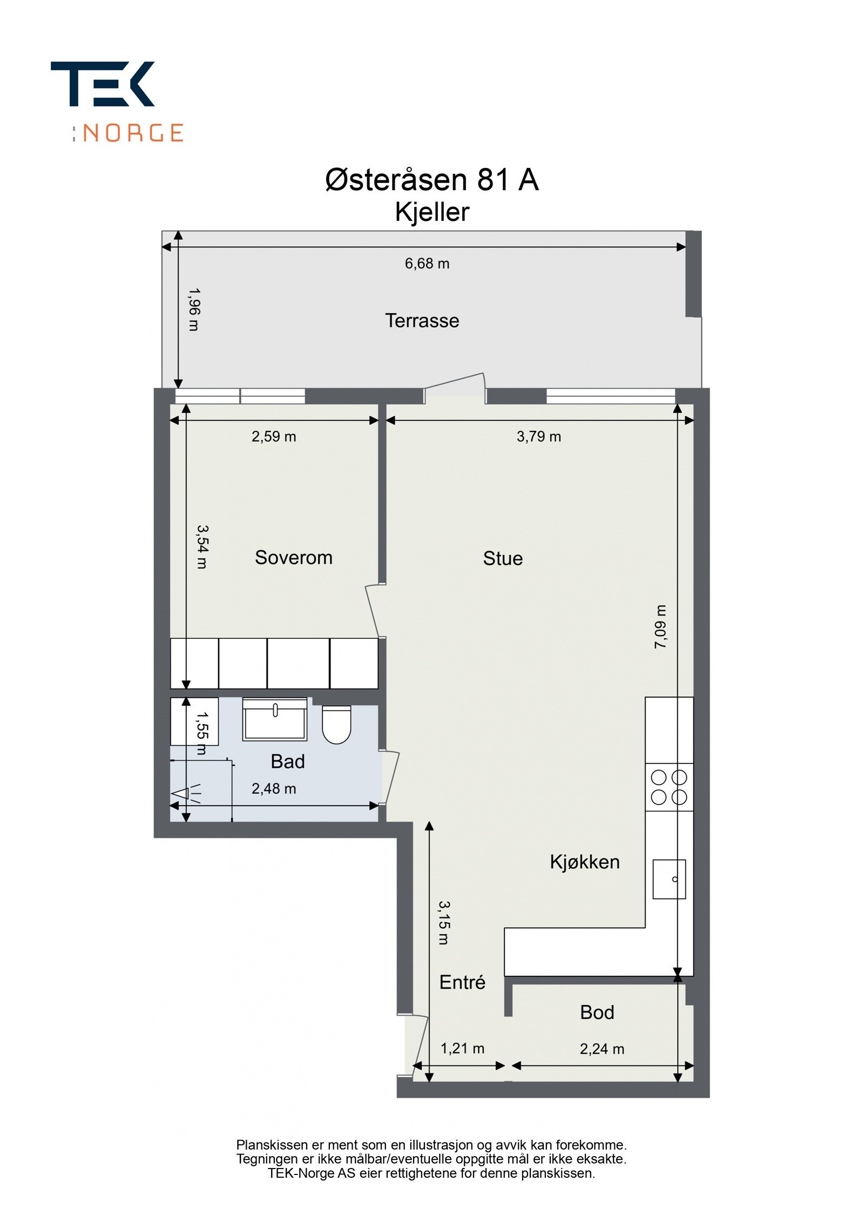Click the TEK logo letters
(103, 84)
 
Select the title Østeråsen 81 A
(431, 180)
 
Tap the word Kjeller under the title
(431, 212)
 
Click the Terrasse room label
(422, 321)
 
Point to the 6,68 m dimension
(427, 264)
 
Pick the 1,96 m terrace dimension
(193, 309)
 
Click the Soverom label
(293, 558)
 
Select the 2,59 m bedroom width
(274, 436)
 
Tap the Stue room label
(502, 558)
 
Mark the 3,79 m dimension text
(538, 436)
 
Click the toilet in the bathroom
(336, 724)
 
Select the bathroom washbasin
(275, 719)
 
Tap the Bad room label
(288, 762)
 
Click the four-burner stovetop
(669, 787)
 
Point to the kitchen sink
(669, 879)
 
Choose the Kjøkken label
(584, 862)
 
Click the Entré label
(462, 982)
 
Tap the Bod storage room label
(597, 1012)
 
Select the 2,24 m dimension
(602, 1049)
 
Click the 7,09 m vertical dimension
(661, 627)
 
